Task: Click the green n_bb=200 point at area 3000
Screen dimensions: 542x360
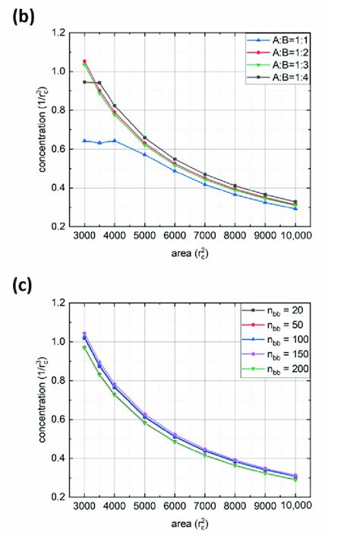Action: click(x=84, y=348)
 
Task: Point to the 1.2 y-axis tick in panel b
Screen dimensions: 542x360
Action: click(x=65, y=33)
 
